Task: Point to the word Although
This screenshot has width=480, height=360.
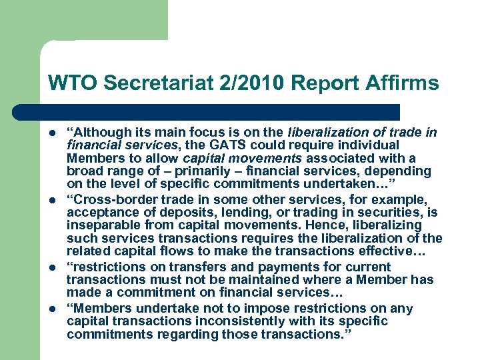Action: point(97,131)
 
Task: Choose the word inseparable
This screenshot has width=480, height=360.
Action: point(100,225)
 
